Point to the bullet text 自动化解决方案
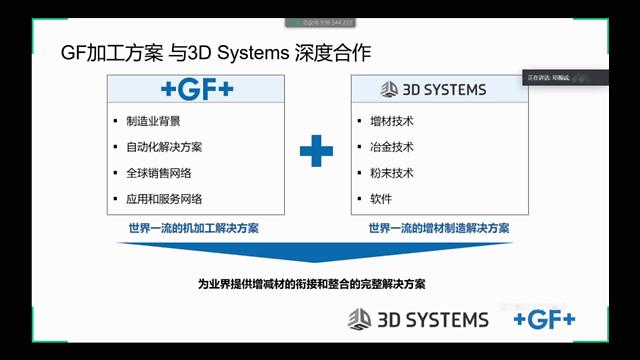164,147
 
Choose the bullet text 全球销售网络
158,173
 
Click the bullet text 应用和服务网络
164,199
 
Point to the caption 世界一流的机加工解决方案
187,228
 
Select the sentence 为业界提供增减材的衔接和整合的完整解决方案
311,284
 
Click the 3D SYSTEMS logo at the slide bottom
419,320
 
